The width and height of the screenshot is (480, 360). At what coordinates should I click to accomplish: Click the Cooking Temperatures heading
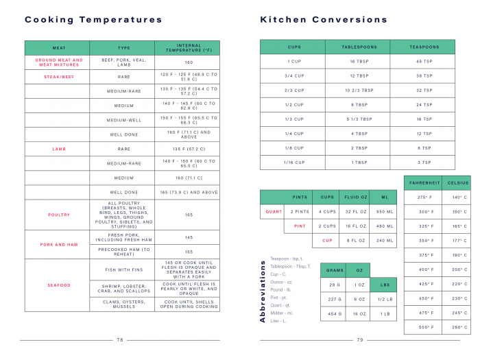[93, 20]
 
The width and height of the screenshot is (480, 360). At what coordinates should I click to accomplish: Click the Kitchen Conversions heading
[324, 20]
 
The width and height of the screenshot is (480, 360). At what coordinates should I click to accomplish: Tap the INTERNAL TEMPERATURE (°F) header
[188, 48]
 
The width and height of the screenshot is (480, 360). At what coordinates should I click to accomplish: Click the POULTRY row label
[59, 215]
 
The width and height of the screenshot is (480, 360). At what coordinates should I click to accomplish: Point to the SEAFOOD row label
[59, 285]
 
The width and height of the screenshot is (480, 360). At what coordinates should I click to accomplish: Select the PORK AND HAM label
[59, 244]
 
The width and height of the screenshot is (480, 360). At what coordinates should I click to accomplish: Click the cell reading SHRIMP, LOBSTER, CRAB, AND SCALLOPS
[124, 290]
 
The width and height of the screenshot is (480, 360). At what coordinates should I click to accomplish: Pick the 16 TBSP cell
[359, 62]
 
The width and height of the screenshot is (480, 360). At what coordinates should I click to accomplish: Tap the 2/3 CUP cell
[295, 91]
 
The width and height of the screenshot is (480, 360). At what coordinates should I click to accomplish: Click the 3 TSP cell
[424, 163]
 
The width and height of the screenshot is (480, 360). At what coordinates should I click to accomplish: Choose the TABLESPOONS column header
[359, 47]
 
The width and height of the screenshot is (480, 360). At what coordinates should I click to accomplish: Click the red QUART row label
[274, 212]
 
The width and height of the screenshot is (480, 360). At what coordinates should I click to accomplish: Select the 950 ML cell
[385, 212]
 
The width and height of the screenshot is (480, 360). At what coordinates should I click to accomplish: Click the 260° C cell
[457, 327]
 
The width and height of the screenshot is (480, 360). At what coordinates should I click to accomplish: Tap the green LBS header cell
[383, 285]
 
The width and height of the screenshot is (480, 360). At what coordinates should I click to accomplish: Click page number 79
[360, 340]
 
